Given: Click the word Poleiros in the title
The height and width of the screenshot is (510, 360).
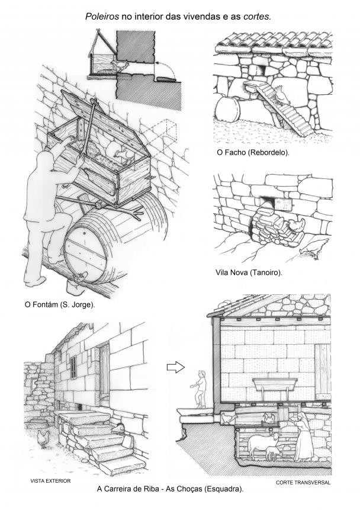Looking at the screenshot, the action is (102, 17).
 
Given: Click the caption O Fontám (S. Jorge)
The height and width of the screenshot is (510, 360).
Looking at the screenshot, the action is (60, 305).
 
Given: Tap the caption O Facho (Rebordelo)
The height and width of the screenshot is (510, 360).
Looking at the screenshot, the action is (253, 152).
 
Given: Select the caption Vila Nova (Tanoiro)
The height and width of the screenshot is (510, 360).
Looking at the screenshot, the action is (249, 272).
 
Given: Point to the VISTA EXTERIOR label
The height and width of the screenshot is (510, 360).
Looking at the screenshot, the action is (50, 481).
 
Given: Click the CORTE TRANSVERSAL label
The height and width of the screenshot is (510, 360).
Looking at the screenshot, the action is (303, 483).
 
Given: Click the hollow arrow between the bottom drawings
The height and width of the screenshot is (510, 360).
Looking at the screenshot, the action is (176, 367).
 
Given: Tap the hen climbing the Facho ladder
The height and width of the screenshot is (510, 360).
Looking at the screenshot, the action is (282, 95).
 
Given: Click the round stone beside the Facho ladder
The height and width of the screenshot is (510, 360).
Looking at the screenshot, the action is (228, 109).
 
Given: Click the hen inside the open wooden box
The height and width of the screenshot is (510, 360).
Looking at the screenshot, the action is (124, 155).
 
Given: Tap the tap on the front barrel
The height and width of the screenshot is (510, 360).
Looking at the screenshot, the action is (80, 277).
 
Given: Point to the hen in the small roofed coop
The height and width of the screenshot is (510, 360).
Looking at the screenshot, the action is (122, 66).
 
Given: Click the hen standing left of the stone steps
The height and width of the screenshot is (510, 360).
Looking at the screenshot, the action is (44, 439).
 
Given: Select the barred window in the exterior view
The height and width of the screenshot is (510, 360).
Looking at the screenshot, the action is (73, 367).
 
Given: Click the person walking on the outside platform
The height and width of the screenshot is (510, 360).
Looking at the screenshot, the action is (200, 389).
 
